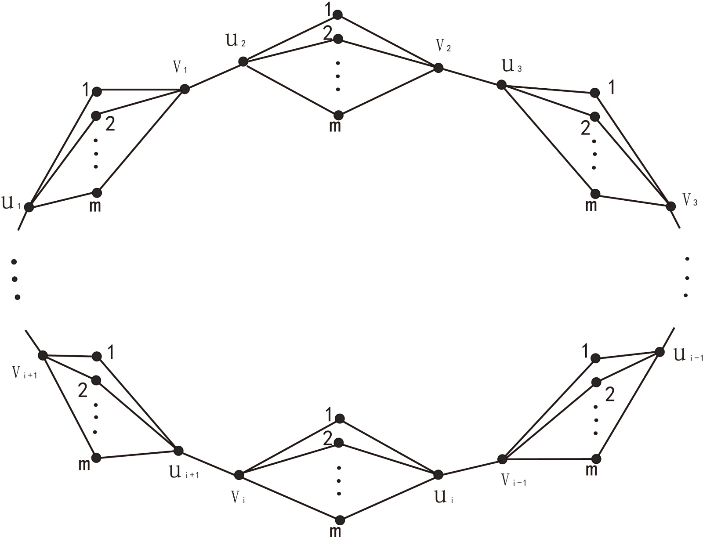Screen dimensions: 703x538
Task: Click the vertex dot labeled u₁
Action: point(29,206)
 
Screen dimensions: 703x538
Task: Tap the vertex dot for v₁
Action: point(185,89)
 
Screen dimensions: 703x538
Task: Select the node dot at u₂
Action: point(243,62)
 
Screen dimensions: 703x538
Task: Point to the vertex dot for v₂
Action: point(438,68)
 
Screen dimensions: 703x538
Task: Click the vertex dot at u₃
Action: point(501,85)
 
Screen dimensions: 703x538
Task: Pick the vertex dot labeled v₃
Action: point(671,206)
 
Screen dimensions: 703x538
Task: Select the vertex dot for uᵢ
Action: point(438,474)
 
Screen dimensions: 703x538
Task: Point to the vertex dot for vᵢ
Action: point(239,475)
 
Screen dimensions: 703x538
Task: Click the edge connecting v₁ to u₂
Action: point(214,76)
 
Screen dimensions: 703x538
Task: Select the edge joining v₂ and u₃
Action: point(470,76)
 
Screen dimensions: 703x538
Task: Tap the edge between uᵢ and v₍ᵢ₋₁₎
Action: point(470,467)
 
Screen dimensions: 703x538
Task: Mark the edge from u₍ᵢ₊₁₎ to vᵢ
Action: point(209,463)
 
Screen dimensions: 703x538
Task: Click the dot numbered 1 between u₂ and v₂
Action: point(337,15)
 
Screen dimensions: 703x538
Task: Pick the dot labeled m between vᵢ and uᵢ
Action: point(339,520)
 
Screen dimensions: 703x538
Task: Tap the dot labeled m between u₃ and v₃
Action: point(595,194)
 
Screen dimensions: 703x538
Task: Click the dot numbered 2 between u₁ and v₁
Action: point(96,116)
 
